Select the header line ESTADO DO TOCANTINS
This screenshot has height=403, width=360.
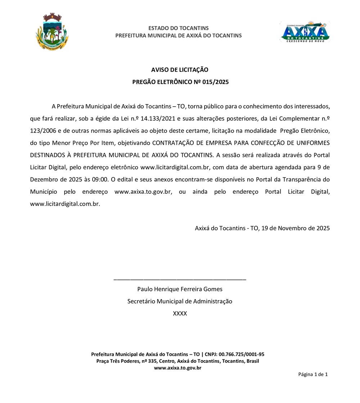(179, 28)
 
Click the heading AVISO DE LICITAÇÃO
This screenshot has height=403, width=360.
(180, 70)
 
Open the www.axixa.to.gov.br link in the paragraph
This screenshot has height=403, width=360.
(142, 192)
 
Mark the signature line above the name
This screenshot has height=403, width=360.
(180, 279)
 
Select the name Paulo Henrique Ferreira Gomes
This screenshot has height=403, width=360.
(180, 289)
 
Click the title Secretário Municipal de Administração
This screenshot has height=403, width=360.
(180, 301)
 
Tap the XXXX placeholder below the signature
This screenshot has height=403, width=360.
(180, 314)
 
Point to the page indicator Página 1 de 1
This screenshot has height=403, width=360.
(312, 375)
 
